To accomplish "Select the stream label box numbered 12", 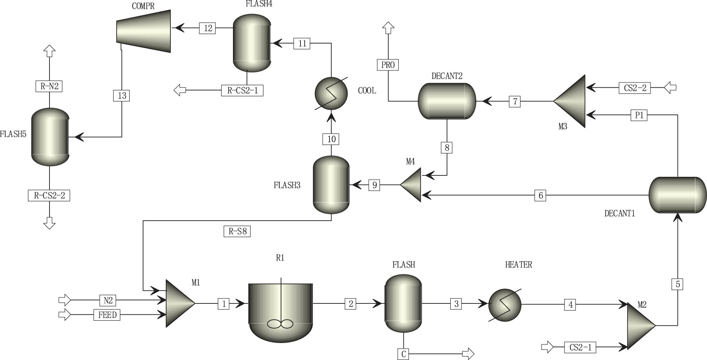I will [x=208, y=28].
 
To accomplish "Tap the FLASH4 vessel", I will [x=252, y=43].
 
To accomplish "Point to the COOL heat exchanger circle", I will [x=331, y=93].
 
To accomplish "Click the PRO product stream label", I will [x=388, y=65].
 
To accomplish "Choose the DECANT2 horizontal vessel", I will [x=447, y=101].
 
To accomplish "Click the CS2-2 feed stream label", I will [x=635, y=88].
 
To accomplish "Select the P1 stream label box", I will [x=639, y=115].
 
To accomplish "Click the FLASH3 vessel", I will [x=331, y=185].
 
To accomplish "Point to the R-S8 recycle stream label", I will [x=237, y=232].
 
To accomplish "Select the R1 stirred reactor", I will [x=281, y=311].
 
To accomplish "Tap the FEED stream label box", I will [x=107, y=315].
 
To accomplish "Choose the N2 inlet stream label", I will [x=108, y=300].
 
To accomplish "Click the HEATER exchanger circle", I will [x=505, y=305].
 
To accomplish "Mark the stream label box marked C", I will [x=403, y=354].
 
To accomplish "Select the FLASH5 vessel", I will [x=50, y=137].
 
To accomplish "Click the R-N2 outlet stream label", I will [x=49, y=86].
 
